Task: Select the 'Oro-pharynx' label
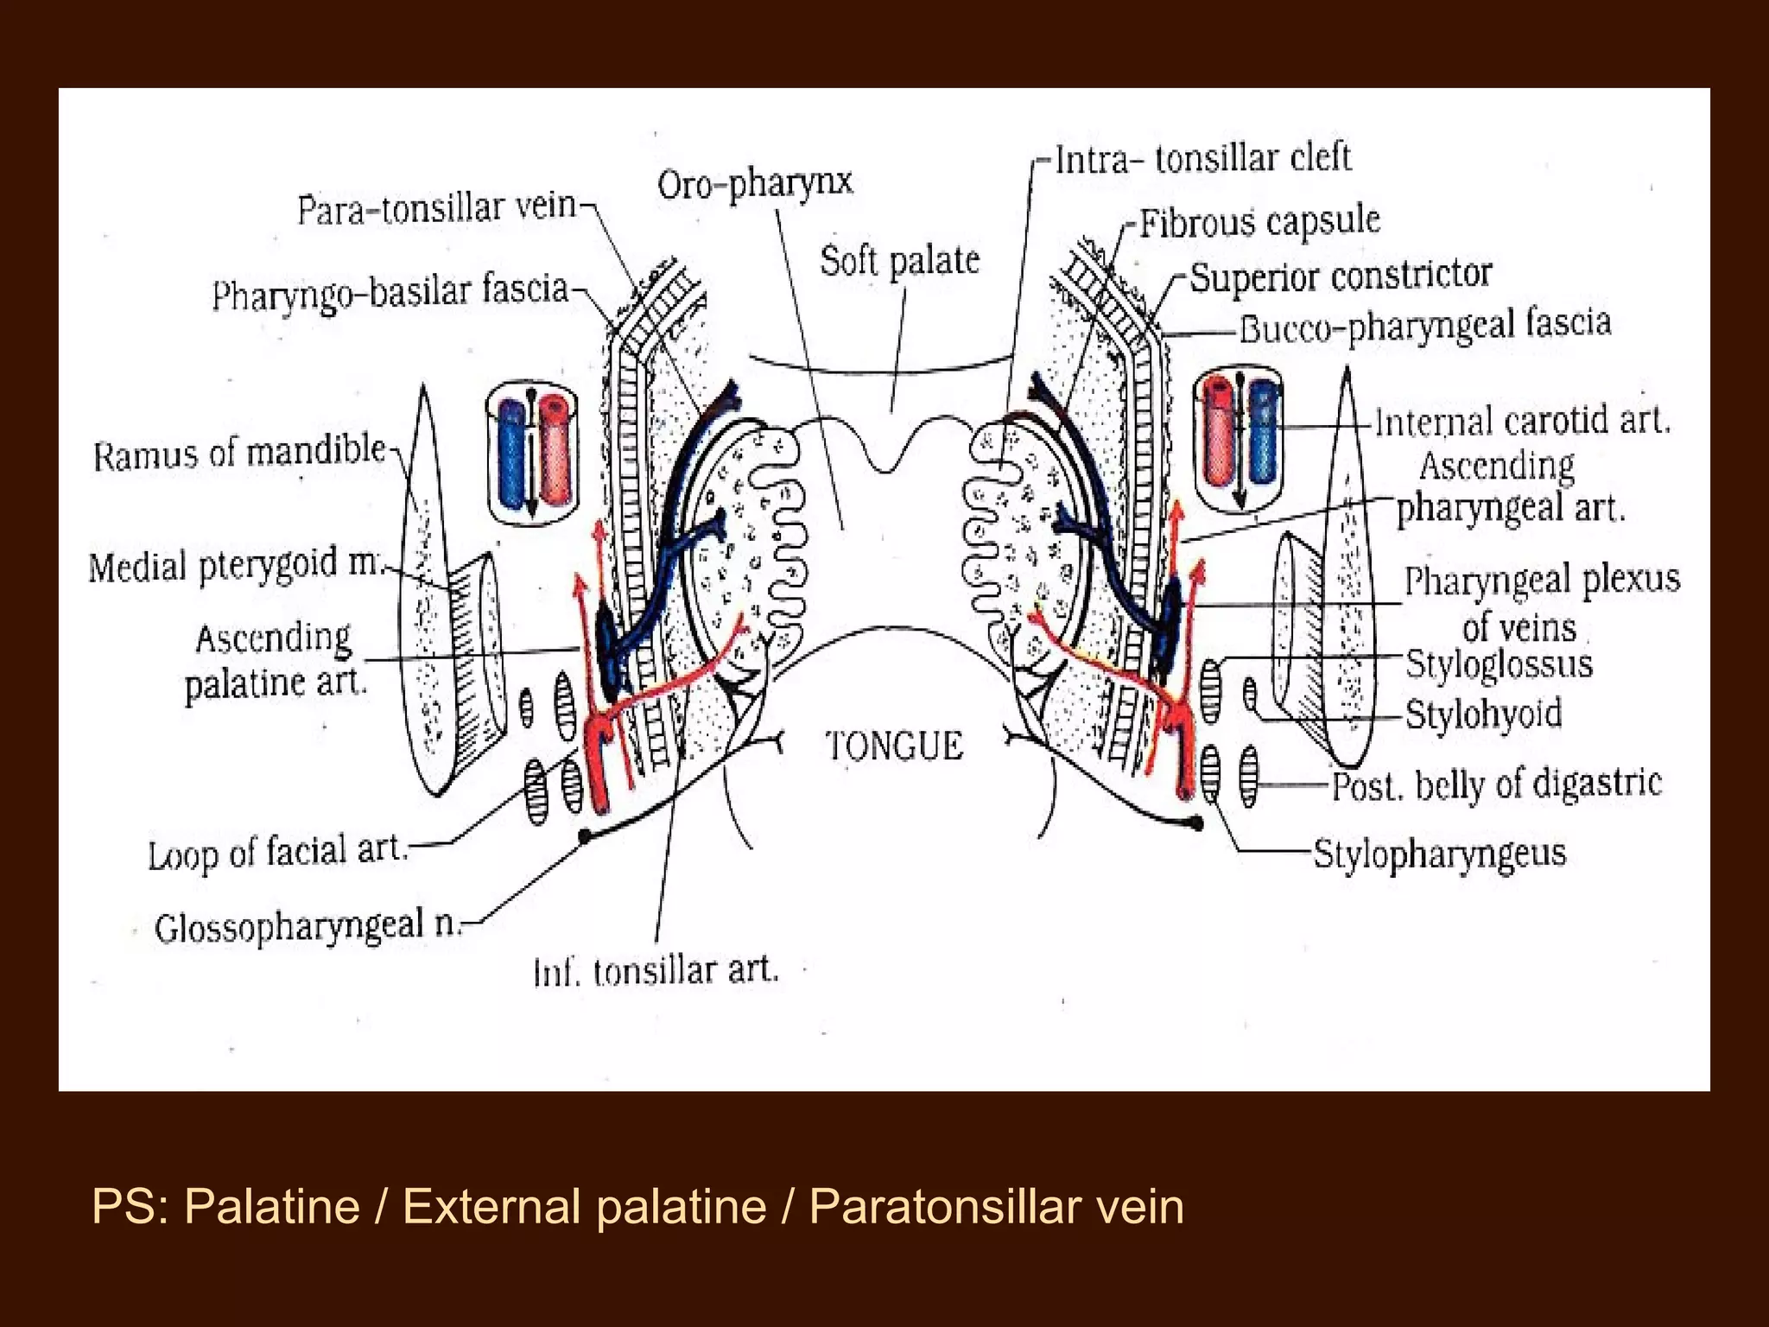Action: pyautogui.click(x=755, y=183)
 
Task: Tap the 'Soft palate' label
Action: pyautogui.click(x=899, y=260)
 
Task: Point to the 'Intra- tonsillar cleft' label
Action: pyautogui.click(x=1202, y=159)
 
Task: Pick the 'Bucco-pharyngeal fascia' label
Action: pyautogui.click(x=1425, y=326)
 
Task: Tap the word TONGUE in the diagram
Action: pyautogui.click(x=894, y=746)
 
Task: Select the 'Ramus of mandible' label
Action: pyautogui.click(x=239, y=452)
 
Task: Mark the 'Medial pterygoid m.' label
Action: pyautogui.click(x=234, y=566)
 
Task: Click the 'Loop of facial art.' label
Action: pyautogui.click(x=277, y=853)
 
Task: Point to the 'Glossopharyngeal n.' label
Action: pyautogui.click(x=308, y=925)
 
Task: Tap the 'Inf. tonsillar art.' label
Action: pyautogui.click(x=656, y=971)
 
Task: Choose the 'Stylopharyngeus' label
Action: pyautogui.click(x=1439, y=854)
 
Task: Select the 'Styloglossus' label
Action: pyautogui.click(x=1499, y=664)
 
